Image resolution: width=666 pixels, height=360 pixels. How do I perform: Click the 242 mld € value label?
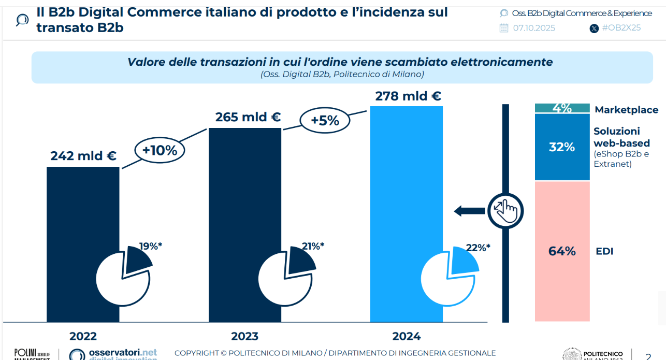(83, 155)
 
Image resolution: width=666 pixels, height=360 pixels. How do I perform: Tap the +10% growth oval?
(160, 151)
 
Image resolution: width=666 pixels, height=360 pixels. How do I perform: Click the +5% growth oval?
(325, 120)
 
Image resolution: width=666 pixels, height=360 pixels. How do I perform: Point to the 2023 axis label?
(244, 336)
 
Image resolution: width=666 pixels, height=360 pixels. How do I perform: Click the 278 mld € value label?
(408, 96)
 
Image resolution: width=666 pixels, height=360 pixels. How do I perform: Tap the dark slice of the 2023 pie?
(301, 260)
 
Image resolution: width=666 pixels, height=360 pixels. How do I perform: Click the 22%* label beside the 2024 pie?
(477, 248)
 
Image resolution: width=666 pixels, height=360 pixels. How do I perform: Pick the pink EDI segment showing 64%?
(562, 251)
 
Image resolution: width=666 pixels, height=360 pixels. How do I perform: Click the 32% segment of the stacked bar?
(562, 147)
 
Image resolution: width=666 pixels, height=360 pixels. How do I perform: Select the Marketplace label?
(626, 110)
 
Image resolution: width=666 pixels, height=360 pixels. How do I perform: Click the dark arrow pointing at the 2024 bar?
(469, 211)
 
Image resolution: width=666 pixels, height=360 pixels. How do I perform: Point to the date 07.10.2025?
(534, 28)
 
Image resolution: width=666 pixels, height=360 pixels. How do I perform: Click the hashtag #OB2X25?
(621, 28)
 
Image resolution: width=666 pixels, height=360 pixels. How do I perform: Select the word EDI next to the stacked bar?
(604, 252)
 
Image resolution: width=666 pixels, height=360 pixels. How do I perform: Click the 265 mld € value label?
(248, 117)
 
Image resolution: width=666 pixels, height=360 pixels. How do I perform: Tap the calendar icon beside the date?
(504, 28)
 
